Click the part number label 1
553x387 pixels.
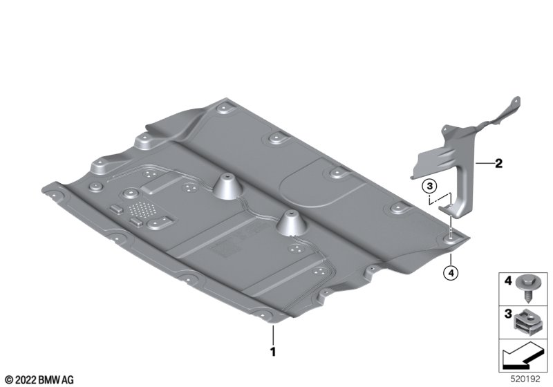click(x=272, y=352)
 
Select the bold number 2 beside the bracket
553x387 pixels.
click(x=498, y=163)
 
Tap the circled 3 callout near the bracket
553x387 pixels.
click(x=430, y=186)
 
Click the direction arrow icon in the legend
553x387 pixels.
click(x=523, y=357)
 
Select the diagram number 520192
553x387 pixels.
click(x=525, y=379)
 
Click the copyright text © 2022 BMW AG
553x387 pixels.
click(x=40, y=380)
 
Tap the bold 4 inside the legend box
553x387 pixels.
click(x=508, y=281)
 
